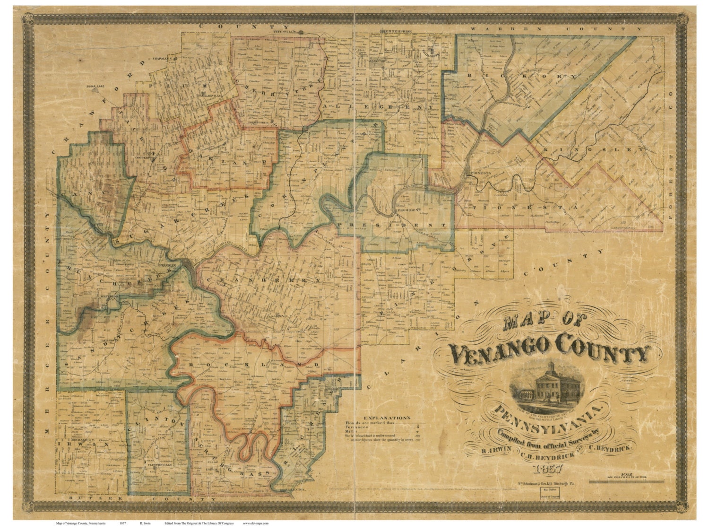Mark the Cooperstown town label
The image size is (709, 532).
(145, 158)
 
